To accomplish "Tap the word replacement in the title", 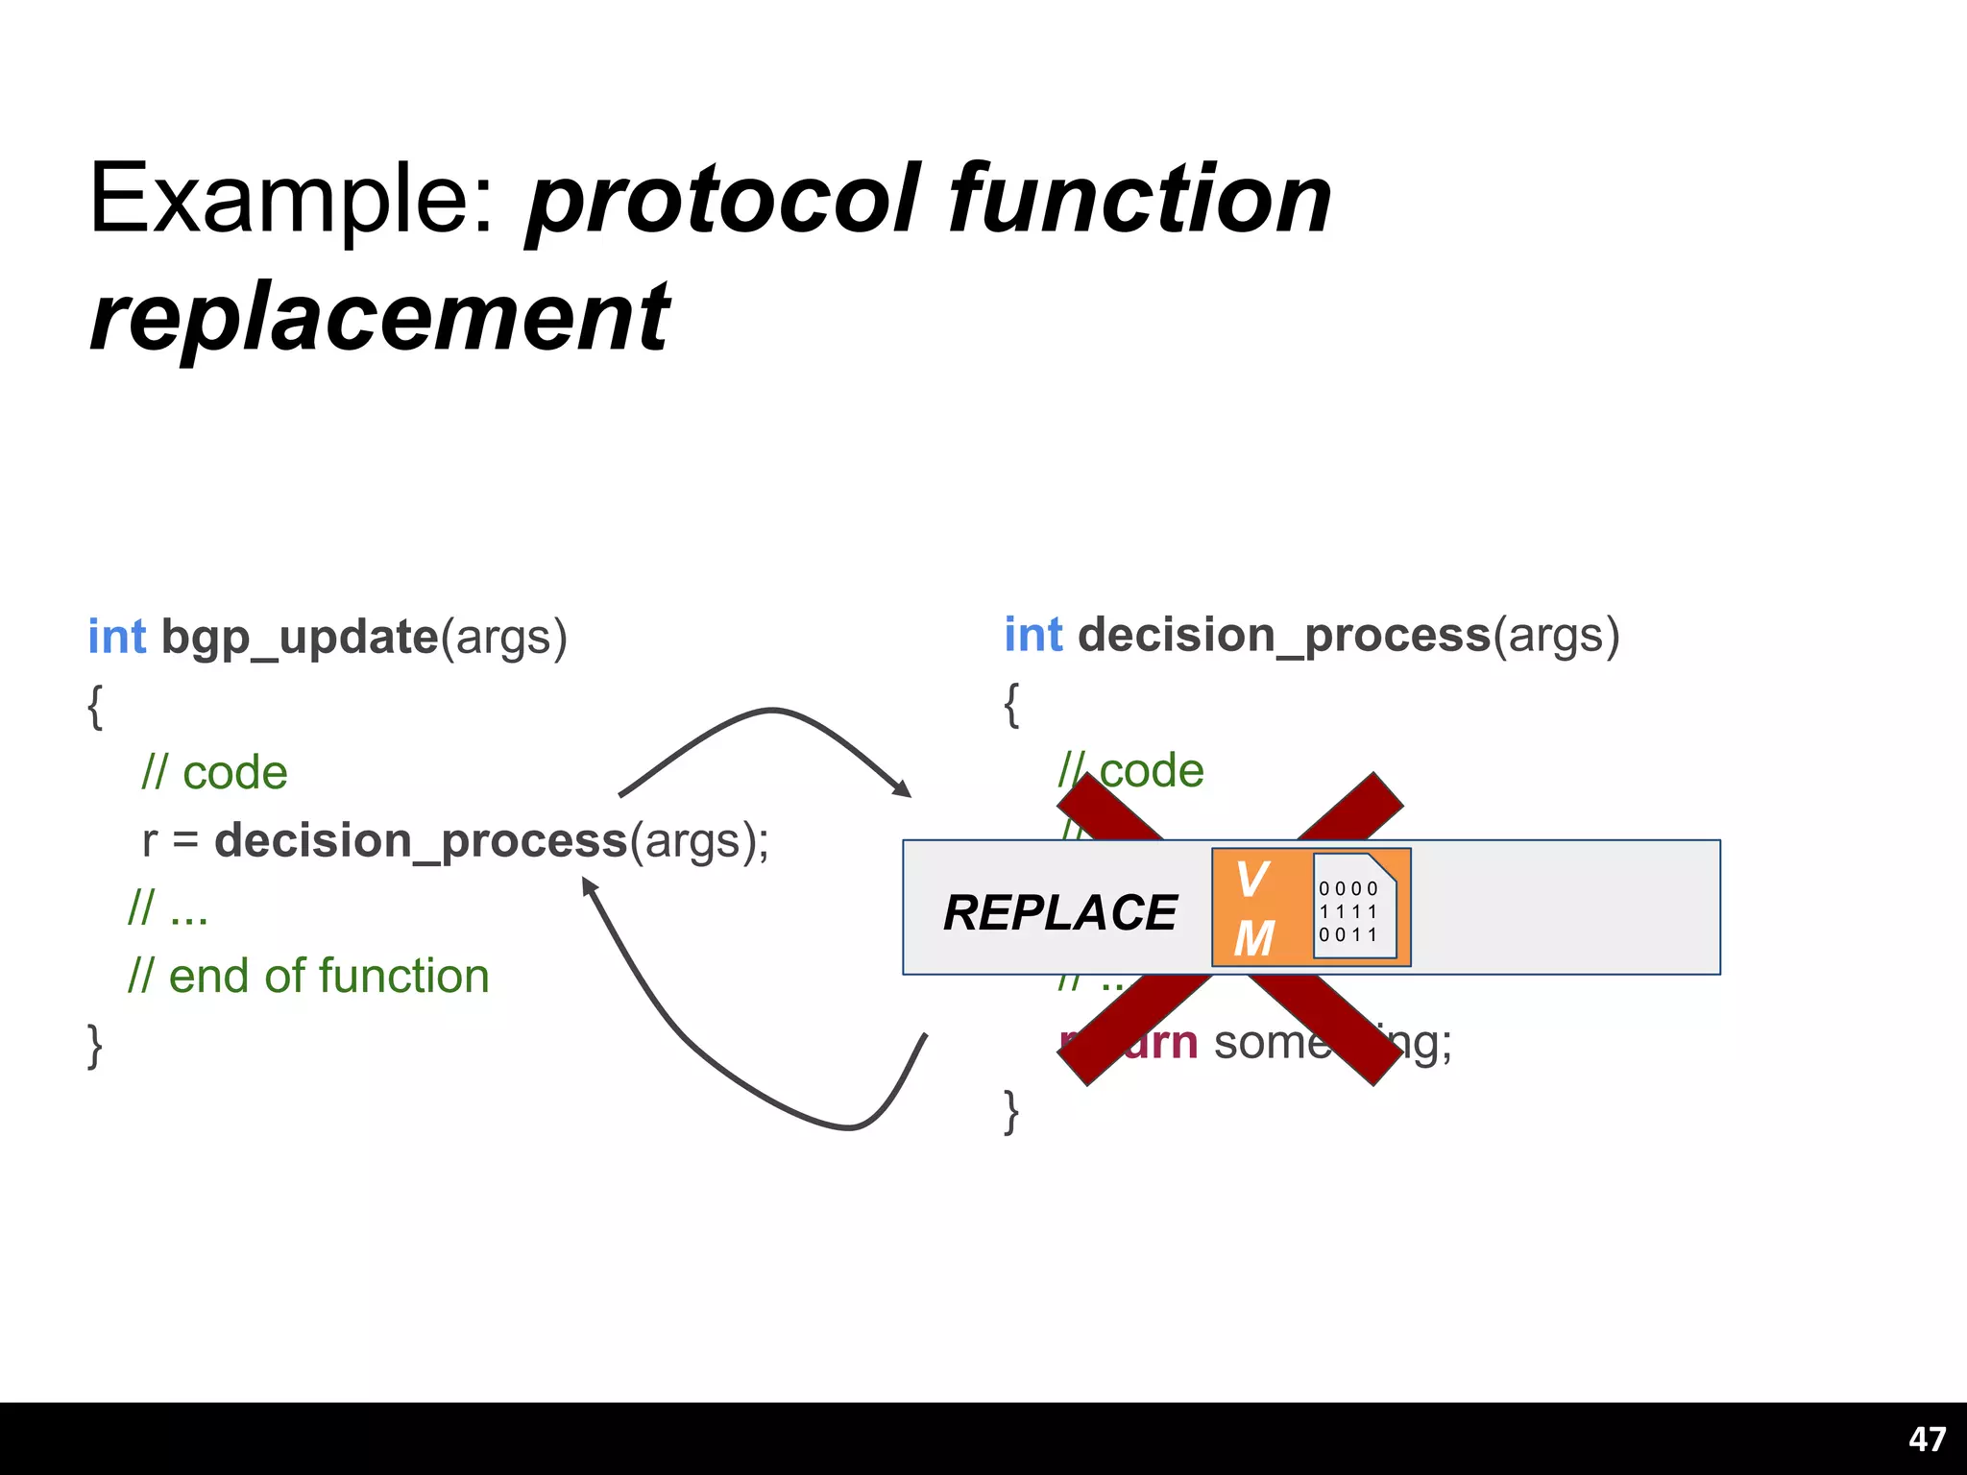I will [x=379, y=317].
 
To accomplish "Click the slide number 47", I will [x=1927, y=1439].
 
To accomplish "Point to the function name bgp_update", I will [x=300, y=638].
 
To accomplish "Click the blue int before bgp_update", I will [x=117, y=638].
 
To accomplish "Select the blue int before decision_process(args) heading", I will [x=1033, y=636].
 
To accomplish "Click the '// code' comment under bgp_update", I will [x=214, y=773].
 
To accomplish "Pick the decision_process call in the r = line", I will [x=421, y=841].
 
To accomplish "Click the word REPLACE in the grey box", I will [x=1059, y=912].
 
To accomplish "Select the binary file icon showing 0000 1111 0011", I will [x=1353, y=907].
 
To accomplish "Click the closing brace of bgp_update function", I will [x=94, y=1046].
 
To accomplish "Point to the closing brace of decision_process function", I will [x=1010, y=1113].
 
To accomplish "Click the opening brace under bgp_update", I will [x=94, y=707].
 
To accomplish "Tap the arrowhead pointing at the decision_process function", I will [x=903, y=789].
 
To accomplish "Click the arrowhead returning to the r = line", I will [x=590, y=886].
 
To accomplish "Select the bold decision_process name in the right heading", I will [x=1284, y=636].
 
